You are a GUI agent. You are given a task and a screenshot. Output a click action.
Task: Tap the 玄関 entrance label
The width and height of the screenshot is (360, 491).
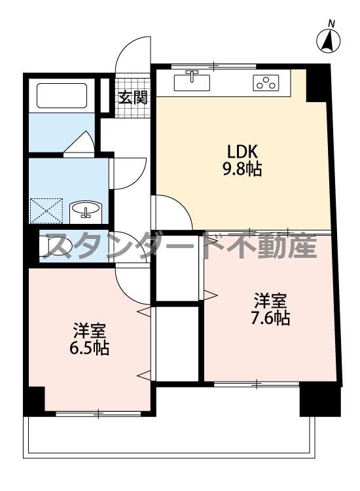point(133,98)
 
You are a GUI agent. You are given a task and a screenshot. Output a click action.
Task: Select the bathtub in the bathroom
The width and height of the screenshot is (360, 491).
point(63,95)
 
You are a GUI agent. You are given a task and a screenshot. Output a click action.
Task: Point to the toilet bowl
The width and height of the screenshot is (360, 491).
point(49,246)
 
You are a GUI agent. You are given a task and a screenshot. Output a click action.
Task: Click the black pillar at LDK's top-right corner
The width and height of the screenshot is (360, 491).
point(319,82)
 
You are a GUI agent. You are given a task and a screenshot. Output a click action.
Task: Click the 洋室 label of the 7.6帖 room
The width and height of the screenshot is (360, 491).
point(271,301)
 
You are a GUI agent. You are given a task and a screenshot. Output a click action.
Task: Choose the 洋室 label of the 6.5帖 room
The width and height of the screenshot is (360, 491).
point(89,330)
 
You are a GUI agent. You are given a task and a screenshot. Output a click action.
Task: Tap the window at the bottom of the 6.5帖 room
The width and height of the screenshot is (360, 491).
point(98,413)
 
